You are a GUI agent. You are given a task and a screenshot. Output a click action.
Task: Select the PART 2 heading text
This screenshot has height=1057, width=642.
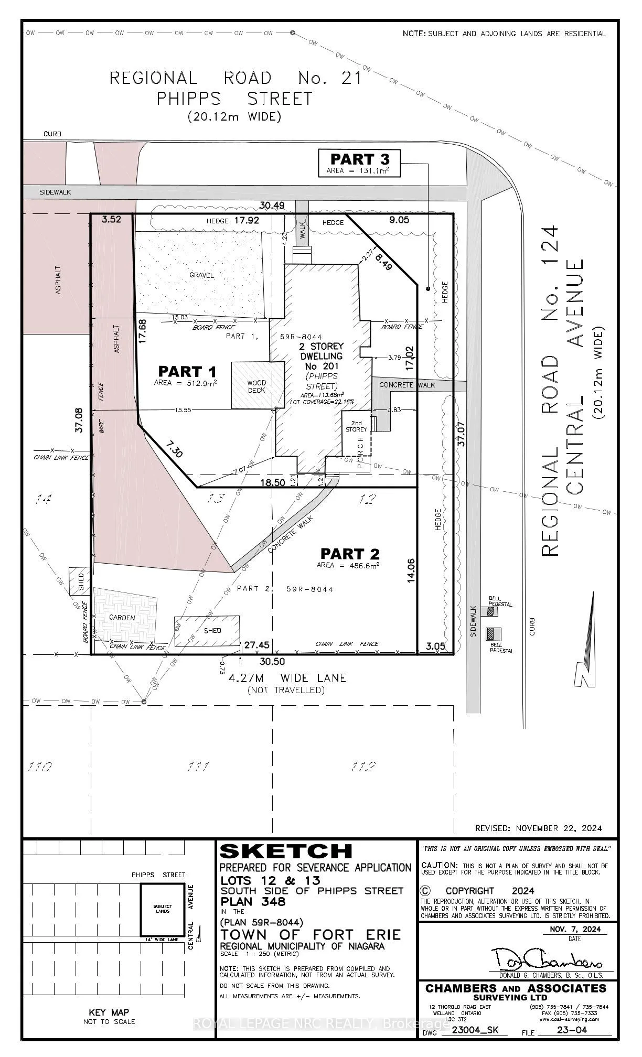[350, 554]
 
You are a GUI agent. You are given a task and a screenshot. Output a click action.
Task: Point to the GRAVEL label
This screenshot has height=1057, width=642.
[202, 275]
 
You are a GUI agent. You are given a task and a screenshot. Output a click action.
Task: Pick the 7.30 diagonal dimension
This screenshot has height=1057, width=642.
[174, 449]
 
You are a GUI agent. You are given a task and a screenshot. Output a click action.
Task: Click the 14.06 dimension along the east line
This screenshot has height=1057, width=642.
[411, 571]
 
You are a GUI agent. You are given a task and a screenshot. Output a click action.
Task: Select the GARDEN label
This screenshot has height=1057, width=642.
[122, 618]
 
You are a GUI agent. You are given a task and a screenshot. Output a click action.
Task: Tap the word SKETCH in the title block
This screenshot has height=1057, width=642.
[285, 851]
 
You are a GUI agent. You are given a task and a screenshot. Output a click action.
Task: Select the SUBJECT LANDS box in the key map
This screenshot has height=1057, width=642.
[162, 909]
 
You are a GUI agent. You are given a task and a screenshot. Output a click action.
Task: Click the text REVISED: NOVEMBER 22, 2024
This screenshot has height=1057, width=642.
[538, 828]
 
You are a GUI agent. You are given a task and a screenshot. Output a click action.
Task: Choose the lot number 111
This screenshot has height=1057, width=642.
[198, 767]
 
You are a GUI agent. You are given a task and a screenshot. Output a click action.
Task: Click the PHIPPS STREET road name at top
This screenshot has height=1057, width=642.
[234, 98]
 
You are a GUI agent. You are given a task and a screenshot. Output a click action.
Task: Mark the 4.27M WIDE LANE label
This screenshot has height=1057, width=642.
[287, 678]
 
